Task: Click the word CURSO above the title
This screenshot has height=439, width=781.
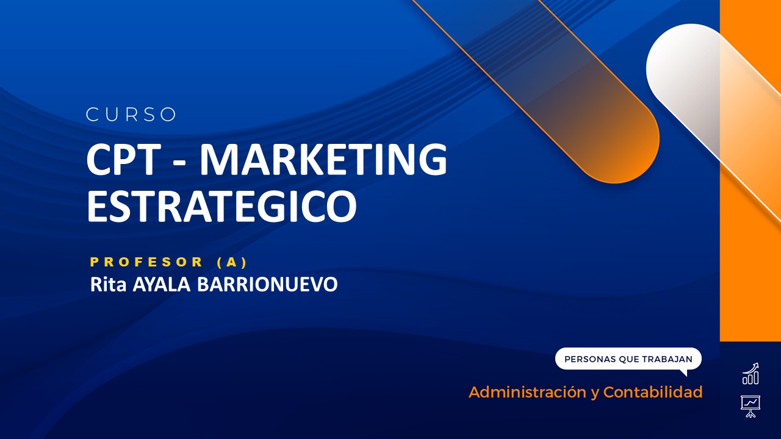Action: (x=131, y=115)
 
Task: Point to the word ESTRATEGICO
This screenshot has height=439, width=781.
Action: (x=221, y=205)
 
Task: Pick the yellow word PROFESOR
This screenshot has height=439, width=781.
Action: (x=147, y=262)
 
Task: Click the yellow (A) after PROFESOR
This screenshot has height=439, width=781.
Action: (x=232, y=262)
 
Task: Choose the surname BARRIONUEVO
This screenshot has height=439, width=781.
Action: (x=267, y=285)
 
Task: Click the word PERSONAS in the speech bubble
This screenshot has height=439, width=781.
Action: (x=590, y=359)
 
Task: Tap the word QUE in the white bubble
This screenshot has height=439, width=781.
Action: (x=628, y=359)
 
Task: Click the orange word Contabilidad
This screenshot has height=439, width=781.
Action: (x=653, y=392)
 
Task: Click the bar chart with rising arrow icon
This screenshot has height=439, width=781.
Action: (x=750, y=374)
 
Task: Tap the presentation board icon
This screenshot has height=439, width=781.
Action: (x=750, y=405)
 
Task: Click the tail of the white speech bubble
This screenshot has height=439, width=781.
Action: (x=683, y=372)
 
